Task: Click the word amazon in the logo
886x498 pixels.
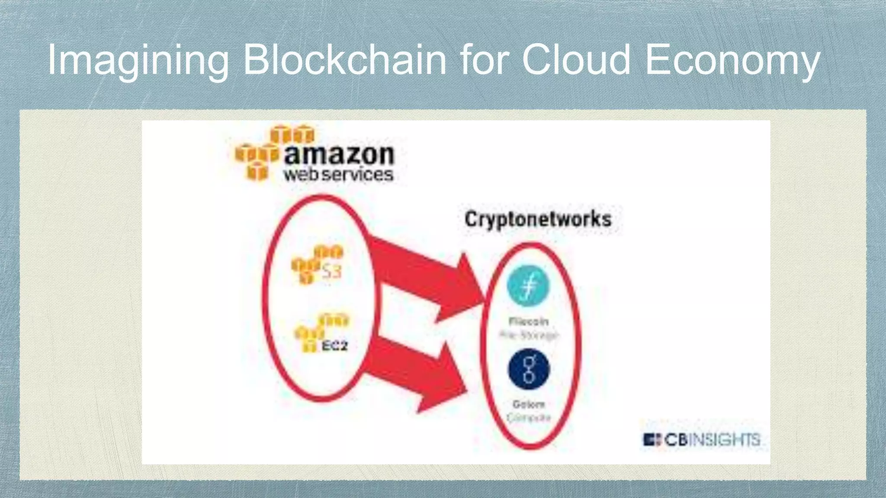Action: point(339,154)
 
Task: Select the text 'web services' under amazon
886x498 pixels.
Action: point(338,175)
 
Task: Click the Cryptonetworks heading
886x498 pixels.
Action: point(538,219)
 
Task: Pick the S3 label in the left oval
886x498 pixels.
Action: point(331,271)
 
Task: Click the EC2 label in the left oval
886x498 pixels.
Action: point(334,345)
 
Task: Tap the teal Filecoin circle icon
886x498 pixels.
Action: point(528,286)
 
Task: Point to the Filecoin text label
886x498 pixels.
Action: point(529,321)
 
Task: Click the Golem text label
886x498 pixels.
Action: point(528,404)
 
